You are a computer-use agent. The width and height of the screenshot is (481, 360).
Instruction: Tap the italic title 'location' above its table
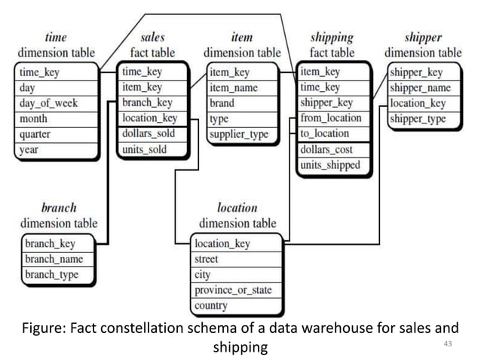click(237, 207)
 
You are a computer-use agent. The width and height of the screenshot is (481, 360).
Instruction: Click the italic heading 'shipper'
click(422, 37)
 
